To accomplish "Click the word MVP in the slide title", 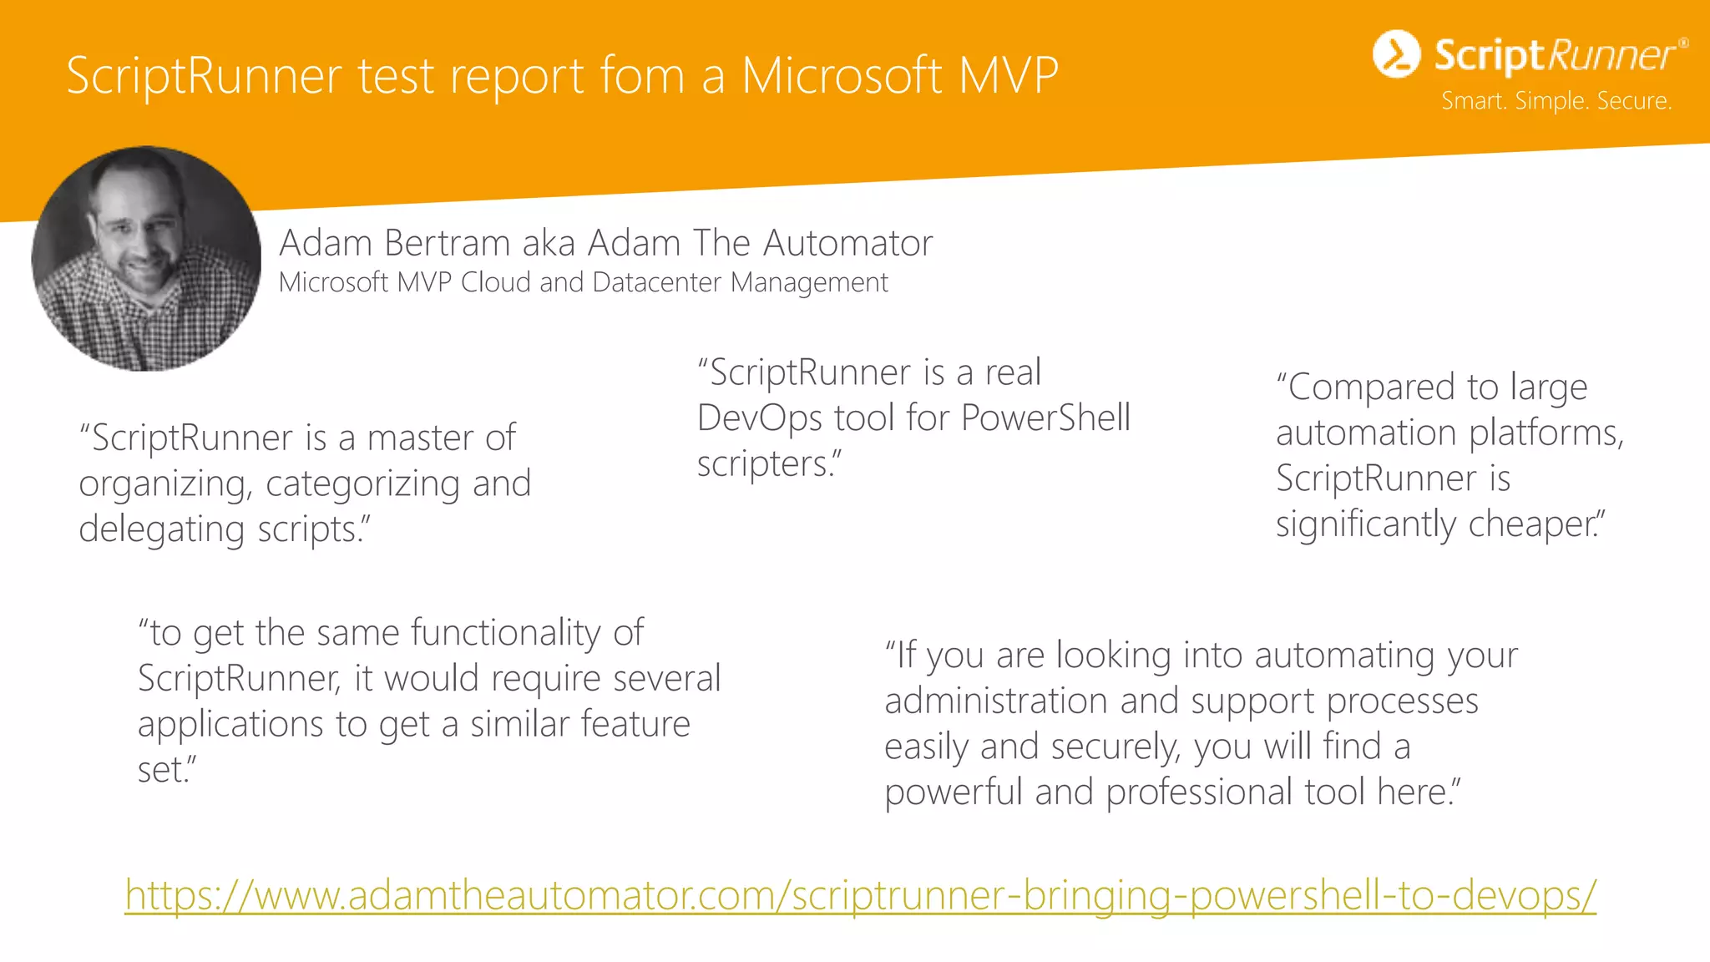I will click(1009, 76).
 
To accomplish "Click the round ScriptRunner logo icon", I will click(1396, 54).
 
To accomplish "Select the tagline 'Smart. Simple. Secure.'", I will click(1556, 101).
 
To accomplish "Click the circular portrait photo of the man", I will click(146, 258).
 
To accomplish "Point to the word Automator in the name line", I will click(847, 243).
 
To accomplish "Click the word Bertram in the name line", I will click(447, 243).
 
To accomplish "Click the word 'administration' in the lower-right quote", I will click(995, 701).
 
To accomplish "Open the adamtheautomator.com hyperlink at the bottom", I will click(860, 895).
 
